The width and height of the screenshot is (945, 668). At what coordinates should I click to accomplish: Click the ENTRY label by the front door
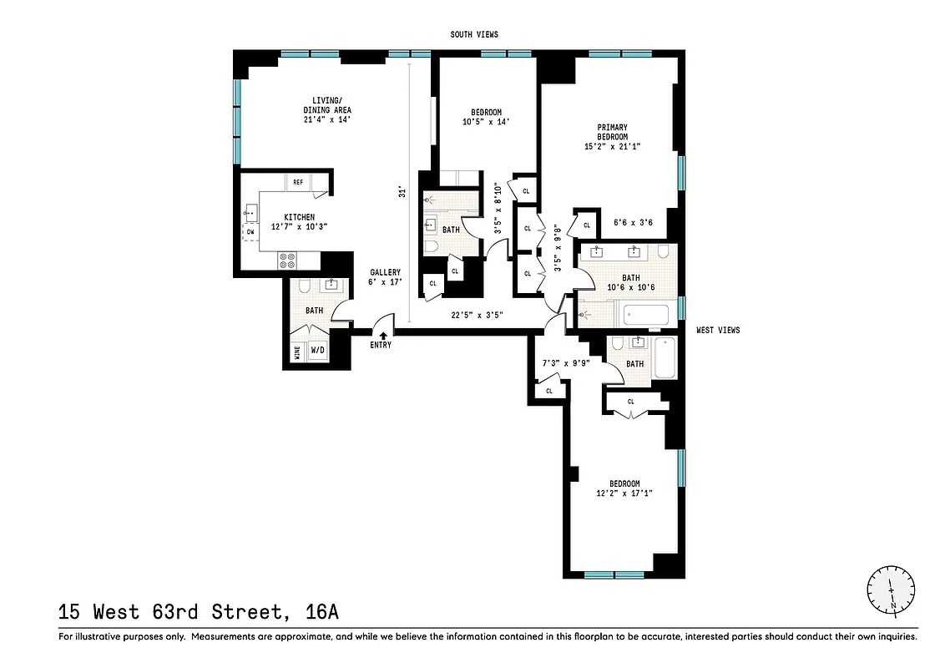(x=380, y=345)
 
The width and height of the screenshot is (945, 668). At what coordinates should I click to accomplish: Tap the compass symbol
(x=891, y=589)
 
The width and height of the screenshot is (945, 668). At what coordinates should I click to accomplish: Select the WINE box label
(x=297, y=352)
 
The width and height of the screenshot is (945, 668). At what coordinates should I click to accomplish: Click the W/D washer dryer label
(x=317, y=352)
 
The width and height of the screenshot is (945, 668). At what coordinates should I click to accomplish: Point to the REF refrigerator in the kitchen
(x=298, y=182)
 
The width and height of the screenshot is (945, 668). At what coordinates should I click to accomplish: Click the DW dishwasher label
(x=250, y=231)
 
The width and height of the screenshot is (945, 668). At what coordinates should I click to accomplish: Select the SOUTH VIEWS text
(x=473, y=34)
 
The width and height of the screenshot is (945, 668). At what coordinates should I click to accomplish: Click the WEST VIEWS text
(x=718, y=331)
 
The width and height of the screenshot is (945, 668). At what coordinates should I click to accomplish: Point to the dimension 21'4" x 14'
(x=326, y=119)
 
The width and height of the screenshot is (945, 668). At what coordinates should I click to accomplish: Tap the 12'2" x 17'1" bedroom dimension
(x=624, y=493)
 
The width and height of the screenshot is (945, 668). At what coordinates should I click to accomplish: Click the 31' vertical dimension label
(x=402, y=193)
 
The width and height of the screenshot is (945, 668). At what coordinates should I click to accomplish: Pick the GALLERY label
(x=386, y=272)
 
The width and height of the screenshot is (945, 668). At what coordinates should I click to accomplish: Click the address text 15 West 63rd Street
(x=199, y=612)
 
